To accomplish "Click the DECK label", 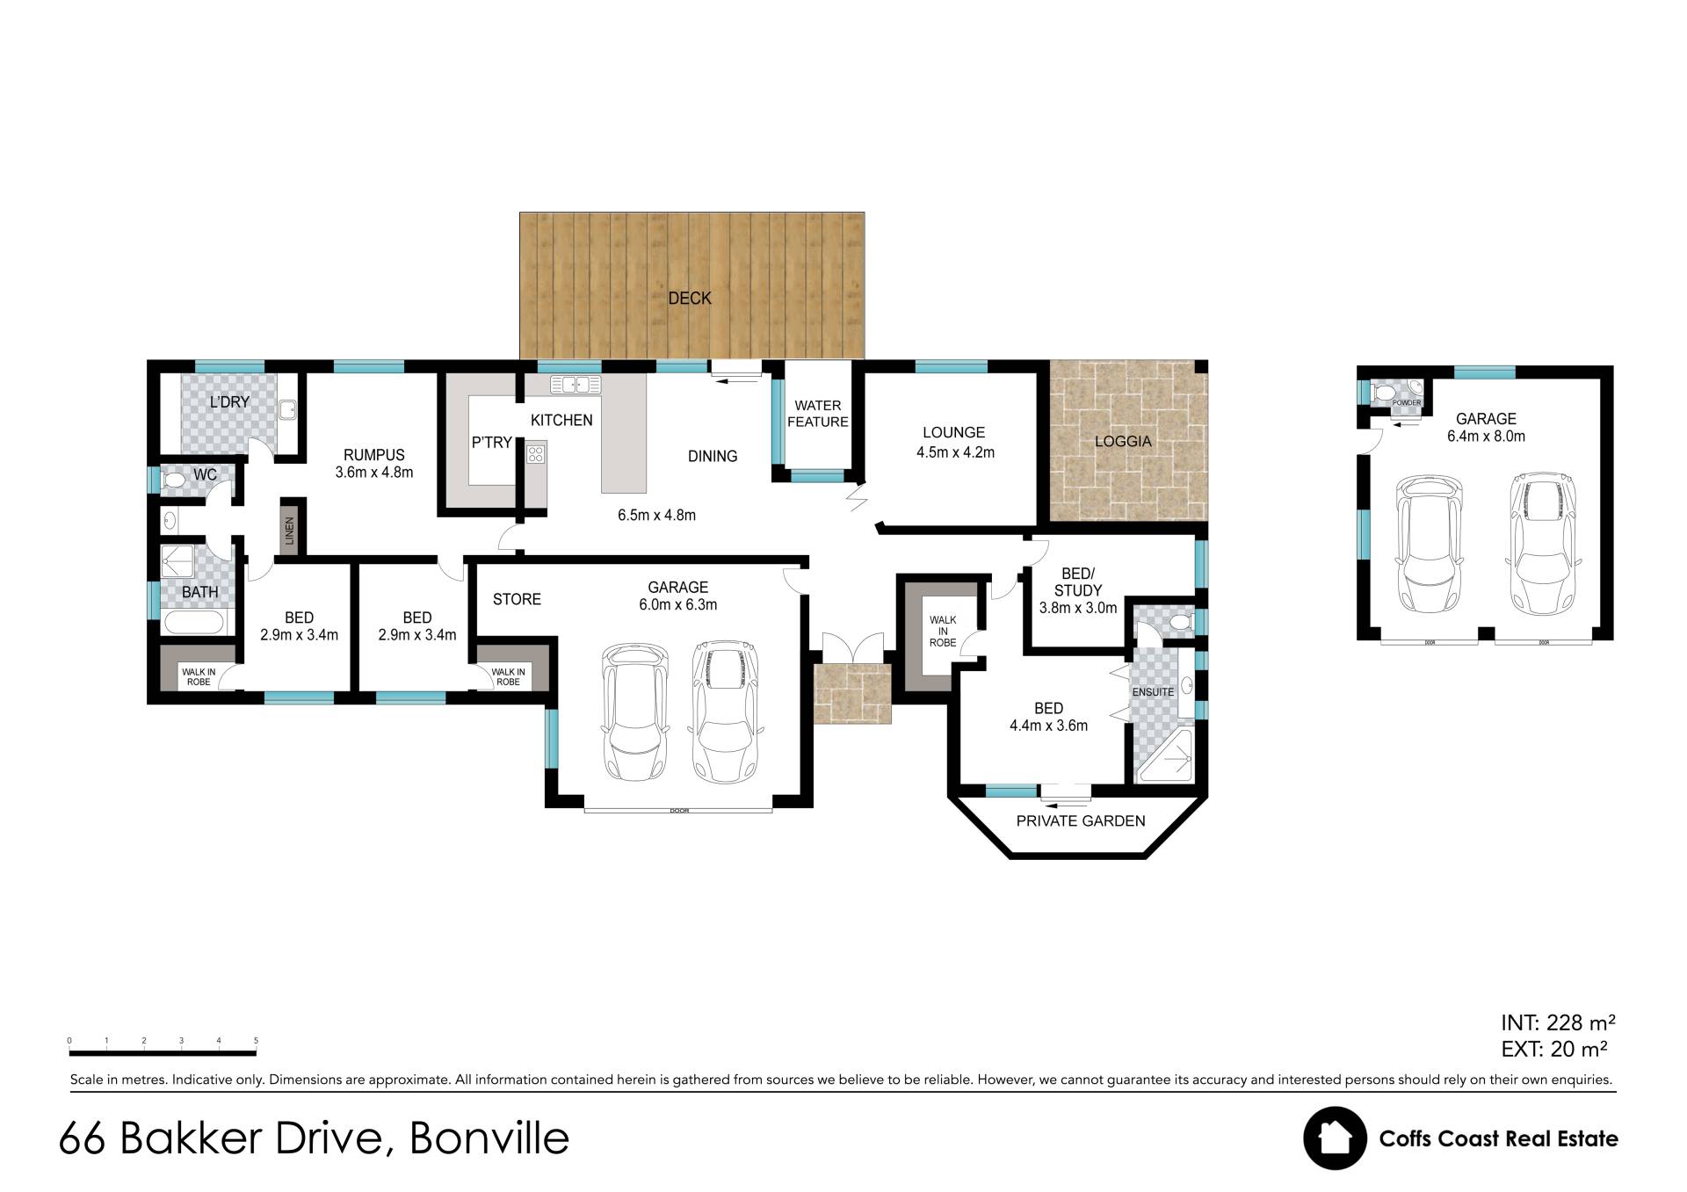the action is [690, 299].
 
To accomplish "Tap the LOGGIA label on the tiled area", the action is [1123, 441].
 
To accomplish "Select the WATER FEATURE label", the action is [818, 414].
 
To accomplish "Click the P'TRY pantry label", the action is [491, 443].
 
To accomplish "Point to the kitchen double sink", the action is [576, 384].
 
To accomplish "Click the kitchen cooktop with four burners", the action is [536, 453].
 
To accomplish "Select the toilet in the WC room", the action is [172, 480].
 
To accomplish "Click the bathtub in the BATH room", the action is [195, 624].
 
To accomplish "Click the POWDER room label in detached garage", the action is [1407, 403].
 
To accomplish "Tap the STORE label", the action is [517, 599].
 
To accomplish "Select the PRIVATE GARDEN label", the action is [1081, 821].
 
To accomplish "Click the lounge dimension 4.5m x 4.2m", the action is [955, 453].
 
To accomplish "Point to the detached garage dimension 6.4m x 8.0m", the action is [1486, 437].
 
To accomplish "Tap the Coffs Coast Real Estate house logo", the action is [1335, 1138].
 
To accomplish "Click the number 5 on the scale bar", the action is [256, 1041].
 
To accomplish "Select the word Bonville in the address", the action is [489, 1138].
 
